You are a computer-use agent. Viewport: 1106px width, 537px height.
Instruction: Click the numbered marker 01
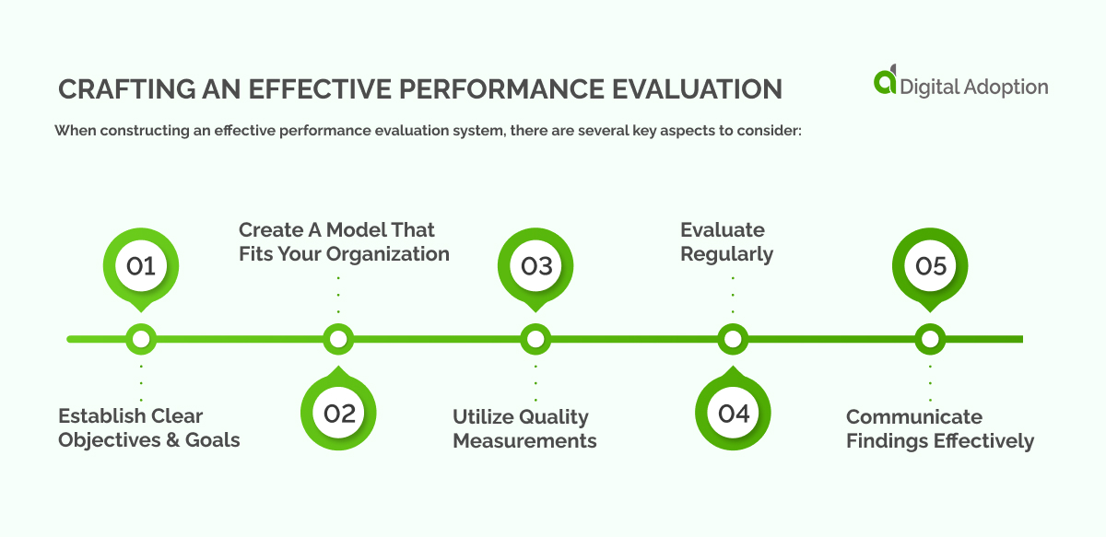141,266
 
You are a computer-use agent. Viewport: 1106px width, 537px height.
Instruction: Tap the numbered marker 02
339,413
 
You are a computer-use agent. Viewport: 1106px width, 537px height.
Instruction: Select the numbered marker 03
536,266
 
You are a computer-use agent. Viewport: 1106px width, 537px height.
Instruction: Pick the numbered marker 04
734,413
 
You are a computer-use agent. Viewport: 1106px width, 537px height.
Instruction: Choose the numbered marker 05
931,266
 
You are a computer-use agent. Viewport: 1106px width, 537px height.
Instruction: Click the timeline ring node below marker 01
141,339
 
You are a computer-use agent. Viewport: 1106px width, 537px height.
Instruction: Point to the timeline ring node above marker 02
338,339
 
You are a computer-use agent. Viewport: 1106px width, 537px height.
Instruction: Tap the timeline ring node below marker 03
535,339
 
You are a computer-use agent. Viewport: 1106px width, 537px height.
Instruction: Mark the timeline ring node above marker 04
733,339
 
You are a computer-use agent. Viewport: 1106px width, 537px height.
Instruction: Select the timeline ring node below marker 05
930,339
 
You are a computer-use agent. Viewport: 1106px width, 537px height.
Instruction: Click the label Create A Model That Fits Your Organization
344,241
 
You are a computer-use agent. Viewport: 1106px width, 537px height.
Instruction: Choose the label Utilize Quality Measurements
524,428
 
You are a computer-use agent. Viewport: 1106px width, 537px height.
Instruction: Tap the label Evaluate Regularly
726,241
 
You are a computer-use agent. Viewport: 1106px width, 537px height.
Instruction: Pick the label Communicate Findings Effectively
940,428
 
